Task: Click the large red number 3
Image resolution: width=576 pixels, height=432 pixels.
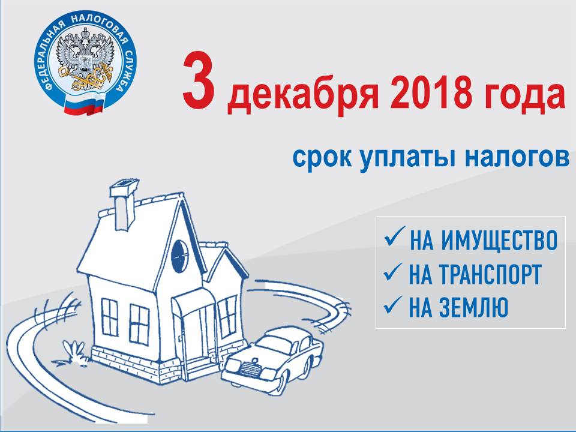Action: tap(199, 79)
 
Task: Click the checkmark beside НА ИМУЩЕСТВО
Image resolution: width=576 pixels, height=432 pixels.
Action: tap(394, 237)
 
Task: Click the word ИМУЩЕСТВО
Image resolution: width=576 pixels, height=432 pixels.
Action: tap(499, 241)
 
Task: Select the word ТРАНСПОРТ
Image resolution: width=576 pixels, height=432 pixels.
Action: tap(490, 274)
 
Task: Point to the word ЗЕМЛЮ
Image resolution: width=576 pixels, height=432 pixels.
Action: tap(473, 307)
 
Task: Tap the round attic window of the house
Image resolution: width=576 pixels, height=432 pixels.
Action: tap(179, 256)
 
